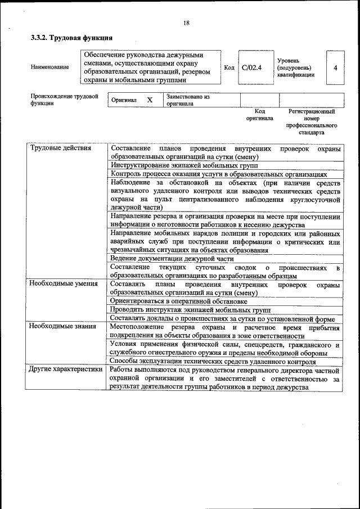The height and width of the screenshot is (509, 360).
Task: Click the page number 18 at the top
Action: point(186,23)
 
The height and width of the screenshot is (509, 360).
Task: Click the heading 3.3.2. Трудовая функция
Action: point(72,39)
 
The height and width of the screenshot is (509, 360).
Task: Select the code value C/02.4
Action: point(252,67)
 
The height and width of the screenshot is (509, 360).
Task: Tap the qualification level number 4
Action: point(335,67)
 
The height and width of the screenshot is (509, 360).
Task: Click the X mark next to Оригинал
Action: point(150,100)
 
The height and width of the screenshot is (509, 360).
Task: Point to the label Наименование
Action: point(50,67)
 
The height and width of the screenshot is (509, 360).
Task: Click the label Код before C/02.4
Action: point(229,67)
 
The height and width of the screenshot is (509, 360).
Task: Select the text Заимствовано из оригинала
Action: point(188,100)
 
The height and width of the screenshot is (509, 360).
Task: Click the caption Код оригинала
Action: point(259,115)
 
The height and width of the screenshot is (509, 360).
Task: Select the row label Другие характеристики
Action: point(66,370)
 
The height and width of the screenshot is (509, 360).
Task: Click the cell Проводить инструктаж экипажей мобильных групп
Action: point(190,309)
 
